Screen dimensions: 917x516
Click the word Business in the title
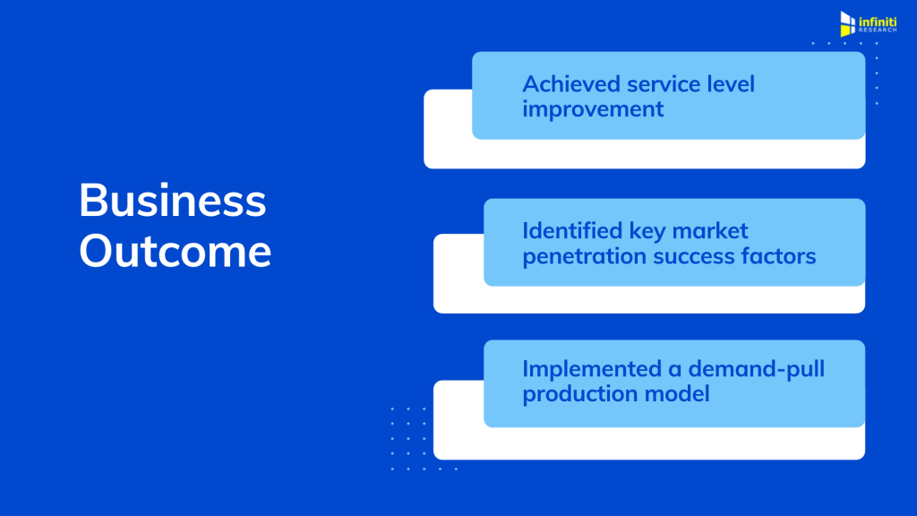click(173, 200)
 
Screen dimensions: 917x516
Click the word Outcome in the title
click(175, 251)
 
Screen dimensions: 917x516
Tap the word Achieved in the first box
click(571, 84)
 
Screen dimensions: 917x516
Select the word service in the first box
click(664, 84)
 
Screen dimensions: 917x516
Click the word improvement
click(593, 109)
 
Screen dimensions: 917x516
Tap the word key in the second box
click(647, 232)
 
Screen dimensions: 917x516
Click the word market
click(710, 231)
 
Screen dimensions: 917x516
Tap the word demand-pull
click(757, 370)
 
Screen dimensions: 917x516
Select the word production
click(580, 394)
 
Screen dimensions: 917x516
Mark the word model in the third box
click(677, 394)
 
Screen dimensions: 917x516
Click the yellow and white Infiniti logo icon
click(847, 24)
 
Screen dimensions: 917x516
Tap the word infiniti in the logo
click(878, 22)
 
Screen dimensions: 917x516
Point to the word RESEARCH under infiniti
click(878, 30)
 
